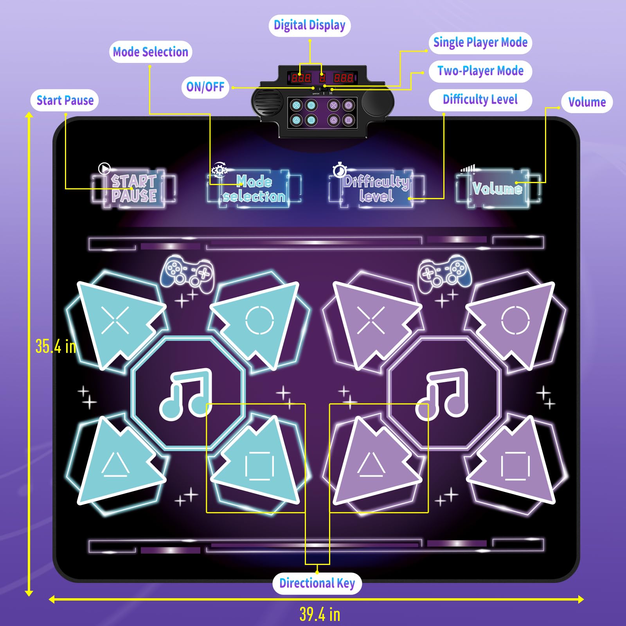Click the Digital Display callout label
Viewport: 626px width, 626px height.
click(x=309, y=25)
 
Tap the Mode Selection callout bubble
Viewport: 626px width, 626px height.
click(x=150, y=52)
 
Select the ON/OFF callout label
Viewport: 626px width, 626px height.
click(x=205, y=87)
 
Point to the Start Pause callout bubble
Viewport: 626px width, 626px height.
click(x=65, y=101)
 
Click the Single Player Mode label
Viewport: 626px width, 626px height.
click(x=480, y=43)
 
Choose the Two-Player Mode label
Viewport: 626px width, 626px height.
click(x=480, y=71)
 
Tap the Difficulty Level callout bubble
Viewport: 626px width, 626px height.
click(x=480, y=100)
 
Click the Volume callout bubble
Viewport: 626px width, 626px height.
click(x=586, y=102)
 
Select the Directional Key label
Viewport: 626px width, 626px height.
click(x=317, y=583)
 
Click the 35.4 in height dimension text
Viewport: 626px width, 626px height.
click(x=56, y=346)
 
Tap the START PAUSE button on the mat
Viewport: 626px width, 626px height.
click(x=134, y=189)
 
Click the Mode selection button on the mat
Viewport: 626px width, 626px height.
click(x=254, y=189)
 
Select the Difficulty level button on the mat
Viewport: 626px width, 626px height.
click(x=376, y=189)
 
